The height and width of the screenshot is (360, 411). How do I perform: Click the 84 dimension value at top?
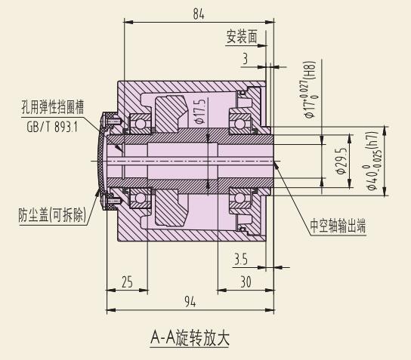pyautogui.click(x=199, y=14)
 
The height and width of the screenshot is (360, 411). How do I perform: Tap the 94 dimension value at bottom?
pyautogui.click(x=190, y=302)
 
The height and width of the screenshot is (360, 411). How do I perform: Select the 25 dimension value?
pyautogui.click(x=128, y=282)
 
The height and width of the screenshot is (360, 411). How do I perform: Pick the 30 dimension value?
pyautogui.click(x=246, y=282)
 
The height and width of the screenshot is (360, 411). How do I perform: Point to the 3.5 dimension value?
pyautogui.click(x=240, y=259)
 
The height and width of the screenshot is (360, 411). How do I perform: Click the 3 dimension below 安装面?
pyautogui.click(x=245, y=59)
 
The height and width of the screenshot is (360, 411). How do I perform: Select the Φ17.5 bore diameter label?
pyautogui.click(x=199, y=111)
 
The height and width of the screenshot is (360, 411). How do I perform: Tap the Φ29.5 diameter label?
pyautogui.click(x=341, y=161)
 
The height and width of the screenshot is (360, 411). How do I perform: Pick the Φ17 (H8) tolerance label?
pyautogui.click(x=310, y=90)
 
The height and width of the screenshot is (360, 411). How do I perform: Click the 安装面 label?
pyautogui.click(x=242, y=36)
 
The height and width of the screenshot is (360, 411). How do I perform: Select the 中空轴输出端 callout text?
pyautogui.click(x=338, y=225)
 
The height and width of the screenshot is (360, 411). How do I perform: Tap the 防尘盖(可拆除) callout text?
pyautogui.click(x=52, y=215)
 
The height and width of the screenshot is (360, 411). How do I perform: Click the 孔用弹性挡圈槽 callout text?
pyautogui.click(x=53, y=107)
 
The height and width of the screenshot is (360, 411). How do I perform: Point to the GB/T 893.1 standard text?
pyautogui.click(x=52, y=127)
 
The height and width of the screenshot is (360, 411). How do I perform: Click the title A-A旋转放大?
pyautogui.click(x=190, y=338)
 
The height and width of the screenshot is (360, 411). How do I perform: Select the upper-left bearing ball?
pyautogui.click(x=141, y=124)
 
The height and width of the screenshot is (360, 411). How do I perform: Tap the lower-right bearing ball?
pyautogui.click(x=239, y=198)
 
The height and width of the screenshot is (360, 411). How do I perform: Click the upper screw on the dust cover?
pyautogui.click(x=113, y=122)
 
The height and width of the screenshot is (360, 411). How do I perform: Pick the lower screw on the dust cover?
pyautogui.click(x=113, y=201)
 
